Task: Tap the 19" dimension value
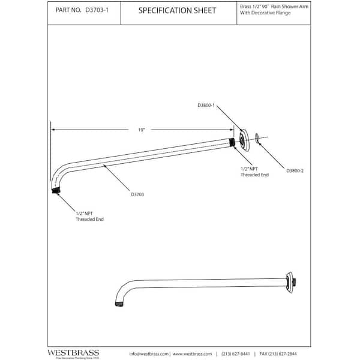coord(142,129)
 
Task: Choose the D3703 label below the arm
coord(136,194)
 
